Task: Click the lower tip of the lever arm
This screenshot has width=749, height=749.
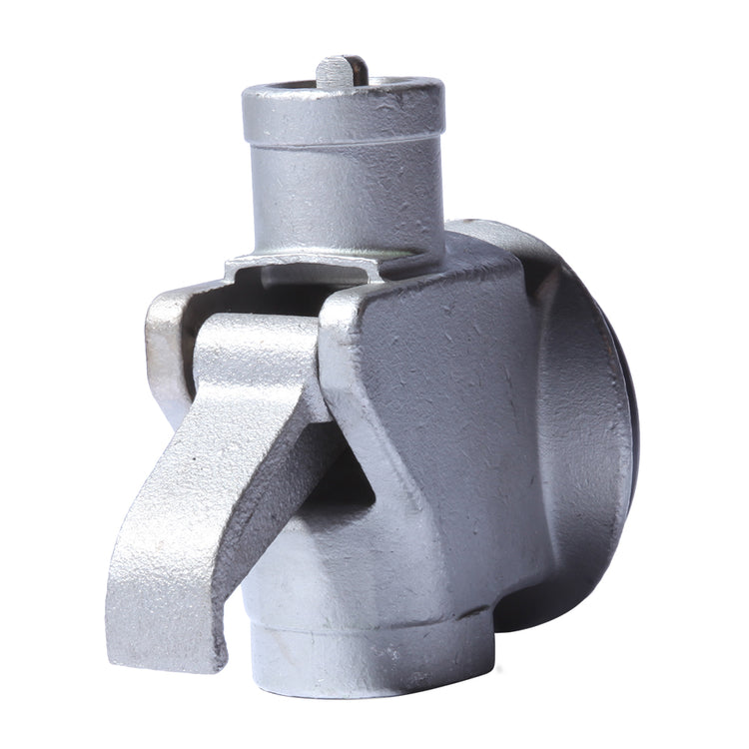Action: [x=150, y=609]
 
